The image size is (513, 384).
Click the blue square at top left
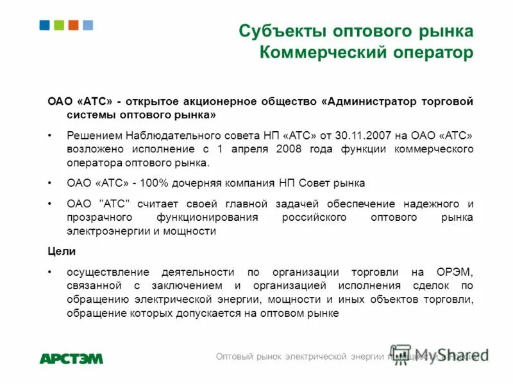[44, 25]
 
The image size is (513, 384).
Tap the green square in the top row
[59, 25]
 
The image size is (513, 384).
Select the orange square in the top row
[73, 25]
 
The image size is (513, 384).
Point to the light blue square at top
[88, 25]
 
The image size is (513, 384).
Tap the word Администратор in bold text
[373, 101]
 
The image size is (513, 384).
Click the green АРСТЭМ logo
[71, 358]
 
